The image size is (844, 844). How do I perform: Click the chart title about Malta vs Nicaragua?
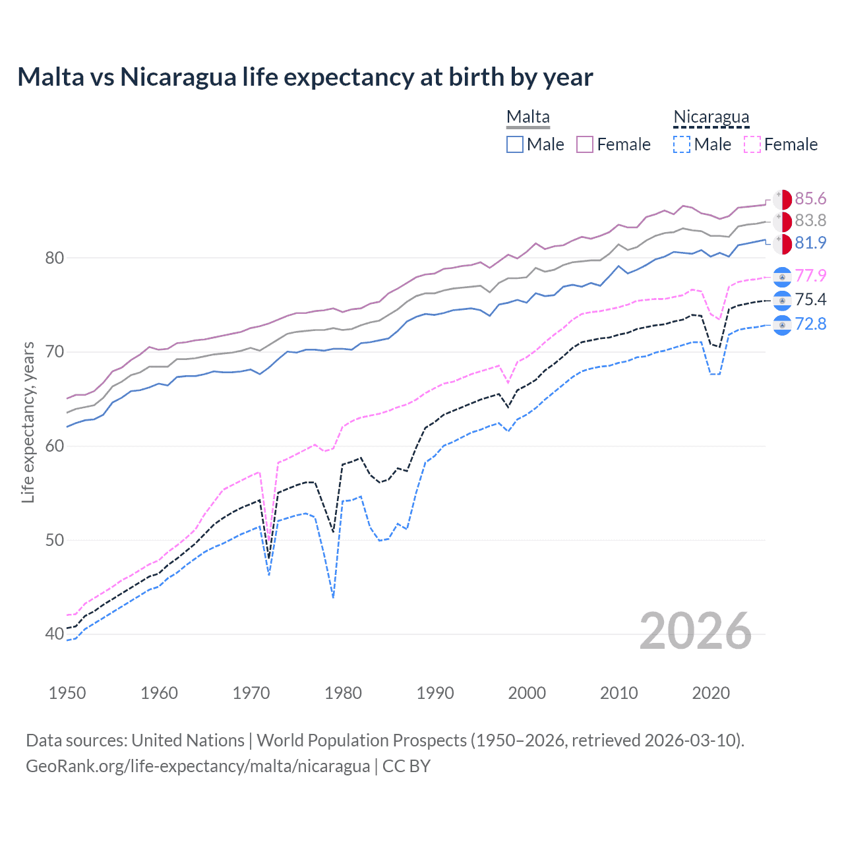click(305, 77)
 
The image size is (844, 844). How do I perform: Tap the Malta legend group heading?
click(527, 117)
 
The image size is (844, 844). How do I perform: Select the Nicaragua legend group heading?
click(711, 117)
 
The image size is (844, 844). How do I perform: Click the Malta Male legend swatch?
click(515, 144)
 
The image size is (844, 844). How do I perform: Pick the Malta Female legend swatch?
click(585, 144)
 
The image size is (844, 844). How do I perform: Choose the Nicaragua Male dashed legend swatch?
click(682, 144)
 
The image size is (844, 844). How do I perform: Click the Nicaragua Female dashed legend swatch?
click(752, 144)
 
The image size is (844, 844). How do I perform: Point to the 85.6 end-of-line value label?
click(810, 199)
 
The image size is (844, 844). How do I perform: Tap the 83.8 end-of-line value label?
click(810, 221)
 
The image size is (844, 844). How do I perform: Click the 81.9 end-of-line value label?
click(810, 243)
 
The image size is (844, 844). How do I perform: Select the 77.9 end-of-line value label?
click(810, 276)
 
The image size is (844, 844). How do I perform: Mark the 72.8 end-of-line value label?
click(810, 324)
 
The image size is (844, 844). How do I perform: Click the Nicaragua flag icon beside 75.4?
click(782, 301)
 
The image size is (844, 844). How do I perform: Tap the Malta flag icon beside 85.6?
click(782, 199)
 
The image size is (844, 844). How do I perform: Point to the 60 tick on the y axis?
click(54, 446)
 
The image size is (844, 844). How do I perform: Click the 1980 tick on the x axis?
click(343, 693)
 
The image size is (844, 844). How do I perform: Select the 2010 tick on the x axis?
click(618, 693)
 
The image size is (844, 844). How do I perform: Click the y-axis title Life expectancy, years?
click(28, 422)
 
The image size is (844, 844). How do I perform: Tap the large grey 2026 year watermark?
click(695, 631)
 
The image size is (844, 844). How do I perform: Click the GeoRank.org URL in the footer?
click(198, 766)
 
